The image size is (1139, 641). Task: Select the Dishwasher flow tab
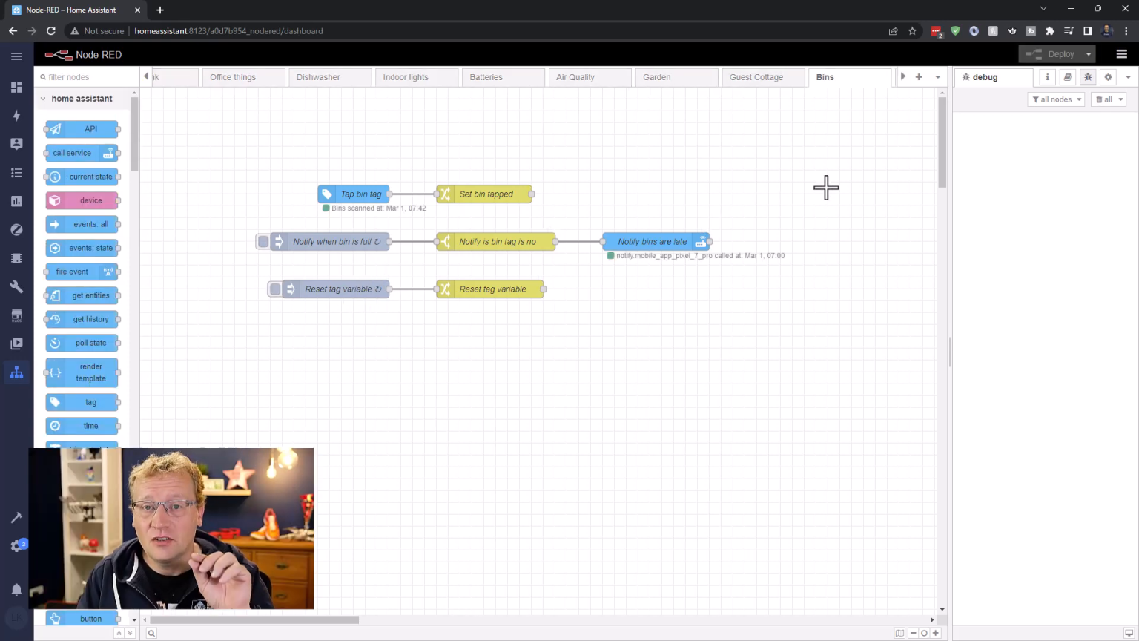318,77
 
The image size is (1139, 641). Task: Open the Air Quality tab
575,77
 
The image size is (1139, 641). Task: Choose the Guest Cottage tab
756,77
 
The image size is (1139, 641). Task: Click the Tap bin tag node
354,194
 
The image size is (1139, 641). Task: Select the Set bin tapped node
485,194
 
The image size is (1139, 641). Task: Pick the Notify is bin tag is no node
496,242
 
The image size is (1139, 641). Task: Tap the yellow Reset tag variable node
491,289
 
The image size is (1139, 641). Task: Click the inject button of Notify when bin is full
263,242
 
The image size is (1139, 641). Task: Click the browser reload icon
51,31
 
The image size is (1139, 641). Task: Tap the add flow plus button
919,77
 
